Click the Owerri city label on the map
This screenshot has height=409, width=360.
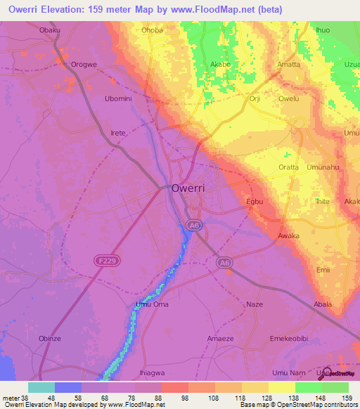click(189, 188)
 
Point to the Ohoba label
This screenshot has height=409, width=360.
click(153, 30)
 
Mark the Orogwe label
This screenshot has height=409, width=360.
click(84, 64)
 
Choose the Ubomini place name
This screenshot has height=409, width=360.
click(118, 98)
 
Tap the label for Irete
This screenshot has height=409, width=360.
click(118, 133)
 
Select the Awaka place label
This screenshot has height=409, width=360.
click(289, 235)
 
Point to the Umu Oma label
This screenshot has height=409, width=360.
click(152, 304)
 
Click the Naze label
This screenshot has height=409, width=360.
click(255, 304)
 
